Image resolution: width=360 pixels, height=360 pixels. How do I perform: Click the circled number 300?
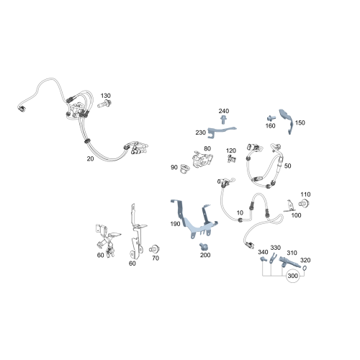[x=292, y=276]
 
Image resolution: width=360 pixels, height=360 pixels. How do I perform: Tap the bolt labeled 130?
[x=104, y=104]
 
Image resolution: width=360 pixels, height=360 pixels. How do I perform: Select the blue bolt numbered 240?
[x=224, y=120]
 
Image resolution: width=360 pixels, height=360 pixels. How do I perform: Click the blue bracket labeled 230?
[x=221, y=132]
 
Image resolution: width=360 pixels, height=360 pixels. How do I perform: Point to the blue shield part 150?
[x=287, y=121]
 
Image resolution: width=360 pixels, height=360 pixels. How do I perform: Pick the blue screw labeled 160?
[x=271, y=118]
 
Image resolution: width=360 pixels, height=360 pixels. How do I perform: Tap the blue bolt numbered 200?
[x=204, y=246]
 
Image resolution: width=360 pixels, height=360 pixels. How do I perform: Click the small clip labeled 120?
[x=231, y=158]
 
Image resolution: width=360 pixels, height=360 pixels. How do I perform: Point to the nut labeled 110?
[x=304, y=204]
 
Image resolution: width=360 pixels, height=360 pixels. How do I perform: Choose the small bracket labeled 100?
[x=289, y=207]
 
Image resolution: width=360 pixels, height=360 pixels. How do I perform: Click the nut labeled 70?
[x=154, y=249]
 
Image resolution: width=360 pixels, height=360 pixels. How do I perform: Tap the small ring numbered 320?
[x=305, y=268]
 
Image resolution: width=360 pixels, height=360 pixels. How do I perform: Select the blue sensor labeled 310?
[x=289, y=261]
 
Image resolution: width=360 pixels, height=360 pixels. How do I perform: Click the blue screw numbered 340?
[x=263, y=259]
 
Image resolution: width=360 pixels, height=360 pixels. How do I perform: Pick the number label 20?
[x=90, y=158]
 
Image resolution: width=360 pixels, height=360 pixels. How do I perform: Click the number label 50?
[x=287, y=166]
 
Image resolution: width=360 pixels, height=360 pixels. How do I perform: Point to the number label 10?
[x=240, y=212]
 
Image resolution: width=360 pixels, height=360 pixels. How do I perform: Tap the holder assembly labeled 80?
[x=202, y=160]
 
